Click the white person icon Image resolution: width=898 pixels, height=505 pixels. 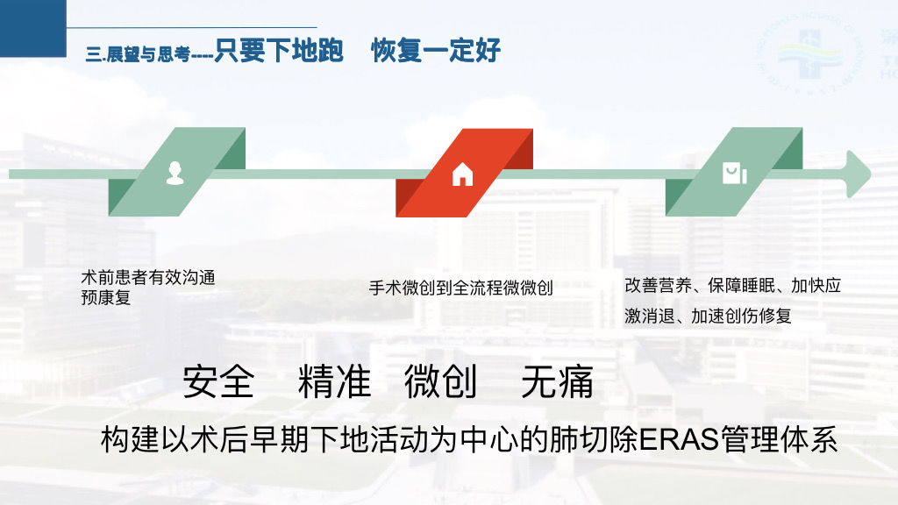click(x=175, y=173)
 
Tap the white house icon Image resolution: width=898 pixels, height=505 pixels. click(x=463, y=174)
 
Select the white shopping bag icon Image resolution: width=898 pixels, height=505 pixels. click(x=734, y=174)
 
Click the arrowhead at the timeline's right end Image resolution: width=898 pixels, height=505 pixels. click(x=859, y=174)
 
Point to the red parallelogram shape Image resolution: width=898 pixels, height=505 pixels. click(x=465, y=173)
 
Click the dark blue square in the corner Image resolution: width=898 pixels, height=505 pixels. click(x=33, y=28)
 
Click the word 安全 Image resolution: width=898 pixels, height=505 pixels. click(x=218, y=382)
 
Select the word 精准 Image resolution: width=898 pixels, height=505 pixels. click(x=334, y=382)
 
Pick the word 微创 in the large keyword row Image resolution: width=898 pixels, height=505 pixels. click(x=441, y=382)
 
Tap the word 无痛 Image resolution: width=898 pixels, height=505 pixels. click(x=557, y=382)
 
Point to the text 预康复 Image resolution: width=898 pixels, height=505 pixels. click(x=106, y=298)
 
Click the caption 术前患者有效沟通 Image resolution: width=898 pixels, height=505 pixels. click(x=148, y=278)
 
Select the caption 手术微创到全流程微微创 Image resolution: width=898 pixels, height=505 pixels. click(x=461, y=288)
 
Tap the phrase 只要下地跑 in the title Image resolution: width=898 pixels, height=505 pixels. click(x=279, y=50)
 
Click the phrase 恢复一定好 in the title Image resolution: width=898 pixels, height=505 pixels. click(x=436, y=50)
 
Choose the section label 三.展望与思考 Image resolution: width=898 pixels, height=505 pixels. click(x=138, y=54)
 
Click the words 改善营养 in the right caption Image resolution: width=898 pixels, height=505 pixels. click(x=658, y=285)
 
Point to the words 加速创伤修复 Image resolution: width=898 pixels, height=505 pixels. click(x=741, y=316)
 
